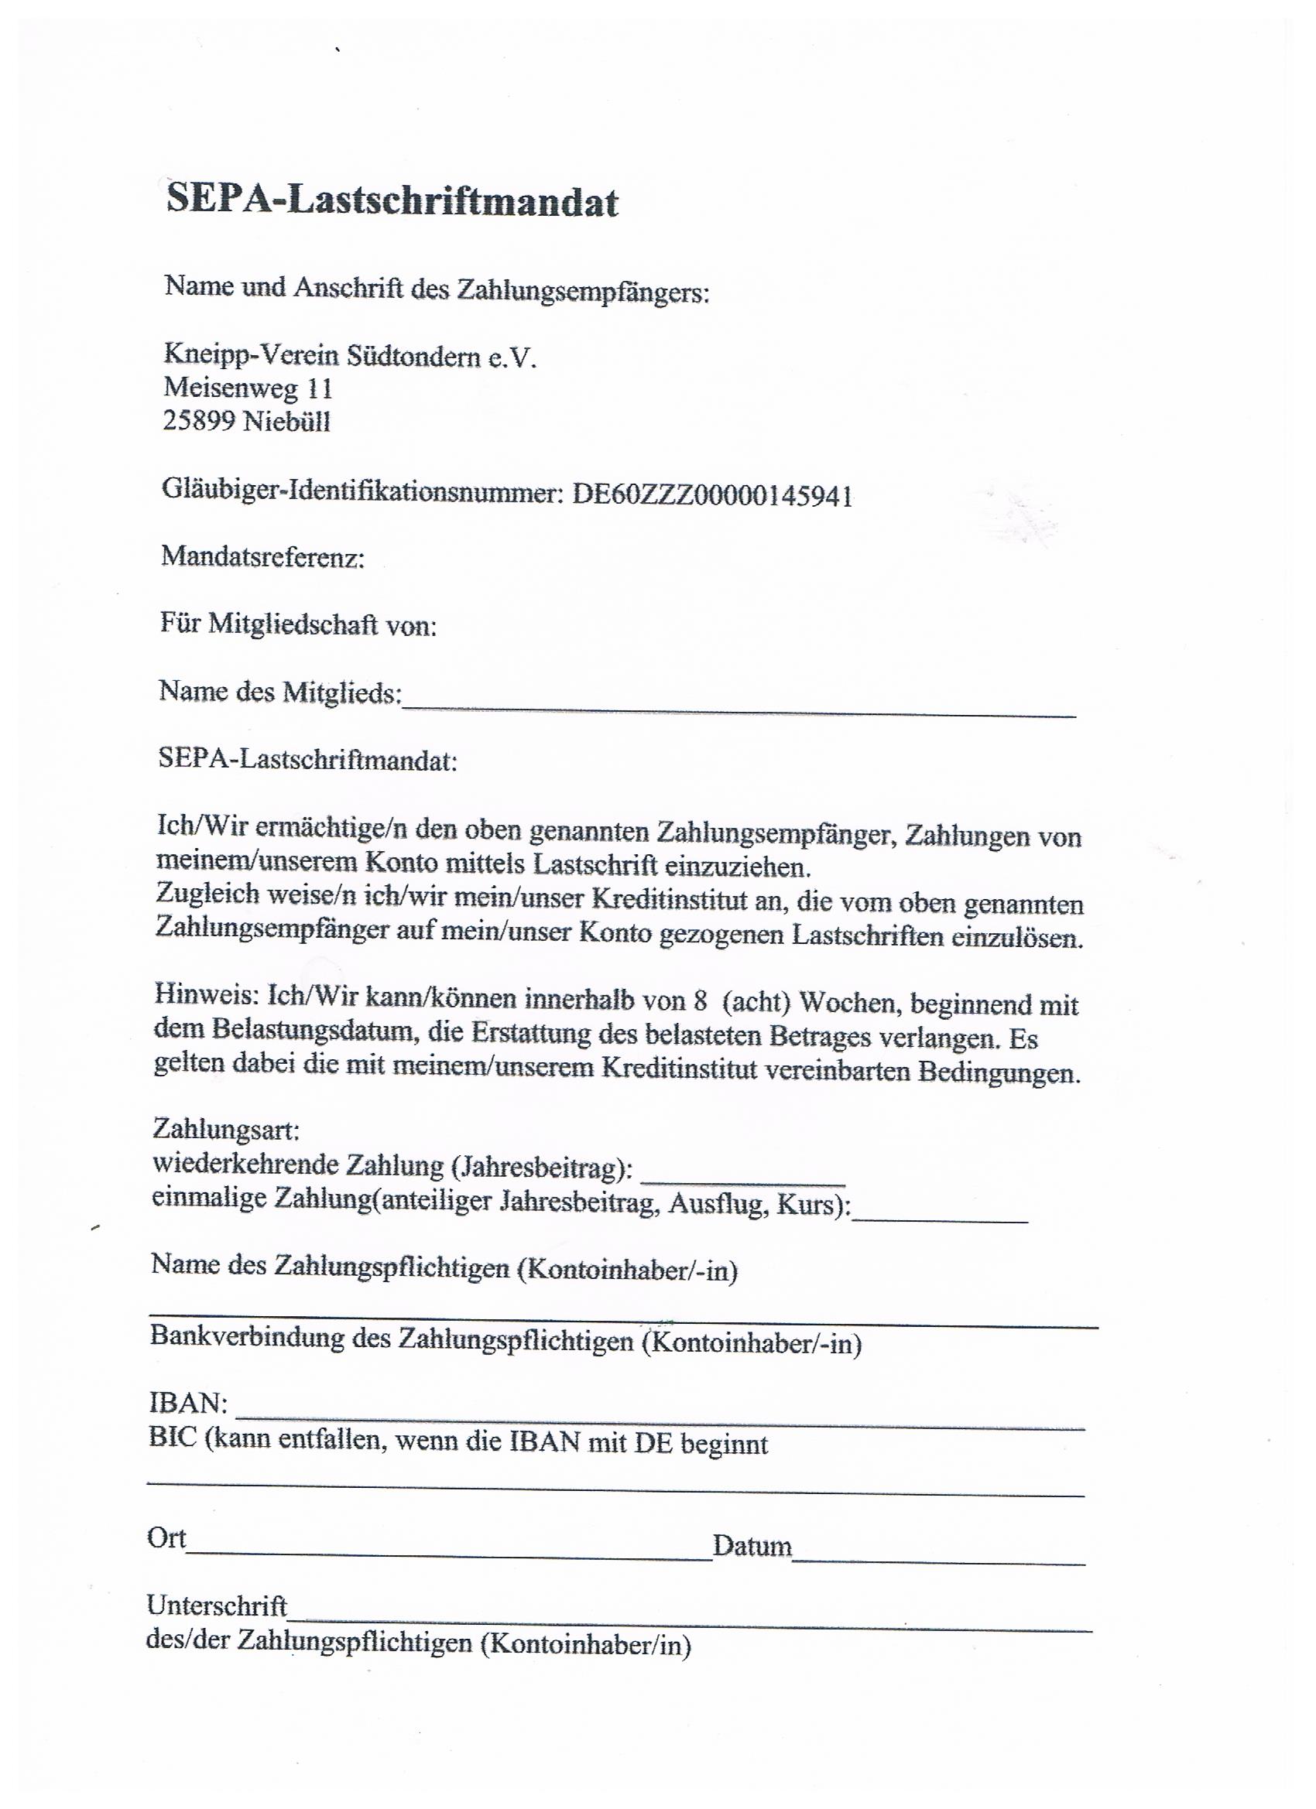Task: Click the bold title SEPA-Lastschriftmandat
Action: coord(392,200)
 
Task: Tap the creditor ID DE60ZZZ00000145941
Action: coord(712,495)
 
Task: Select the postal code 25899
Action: coord(200,420)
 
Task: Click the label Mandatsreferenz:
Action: coord(262,557)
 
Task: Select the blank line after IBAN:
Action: coord(660,1424)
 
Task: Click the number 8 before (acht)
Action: coord(701,1000)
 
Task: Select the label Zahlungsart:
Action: coord(226,1130)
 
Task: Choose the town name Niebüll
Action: coord(286,421)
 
